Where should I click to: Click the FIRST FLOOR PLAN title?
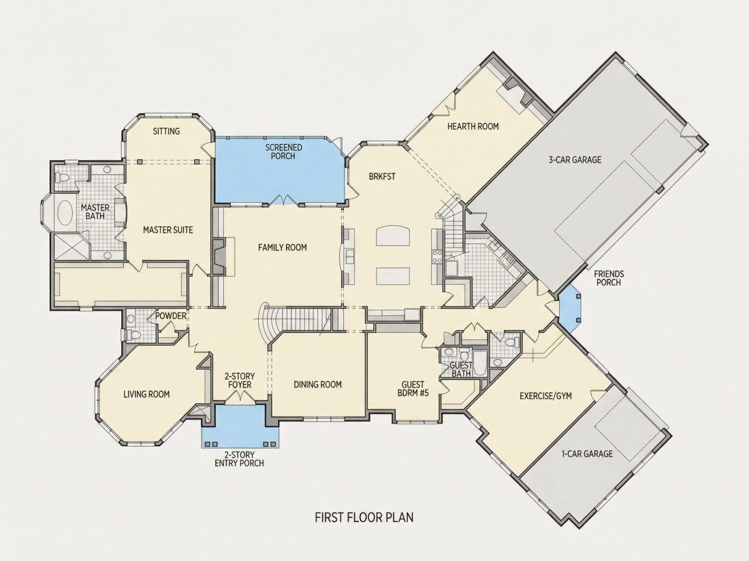pos(364,517)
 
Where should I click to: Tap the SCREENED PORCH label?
pos(283,152)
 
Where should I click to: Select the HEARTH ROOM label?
pos(473,126)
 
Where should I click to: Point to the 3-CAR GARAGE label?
pos(575,160)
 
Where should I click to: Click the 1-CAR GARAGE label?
pos(586,454)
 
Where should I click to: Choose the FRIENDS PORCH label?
pos(609,278)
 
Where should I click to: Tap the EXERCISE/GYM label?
pos(545,396)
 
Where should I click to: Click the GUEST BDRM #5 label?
pos(413,389)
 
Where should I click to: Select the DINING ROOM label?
pos(318,384)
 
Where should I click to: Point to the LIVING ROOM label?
pos(146,394)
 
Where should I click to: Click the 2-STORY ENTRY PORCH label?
pos(239,459)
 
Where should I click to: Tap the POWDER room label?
pos(170,316)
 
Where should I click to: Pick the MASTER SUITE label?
pos(168,230)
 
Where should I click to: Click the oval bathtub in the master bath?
pos(65,213)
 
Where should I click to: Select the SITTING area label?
pos(166,131)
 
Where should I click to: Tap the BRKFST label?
pos(382,177)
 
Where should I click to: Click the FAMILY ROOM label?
pos(283,248)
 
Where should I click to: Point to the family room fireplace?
pos(219,256)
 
